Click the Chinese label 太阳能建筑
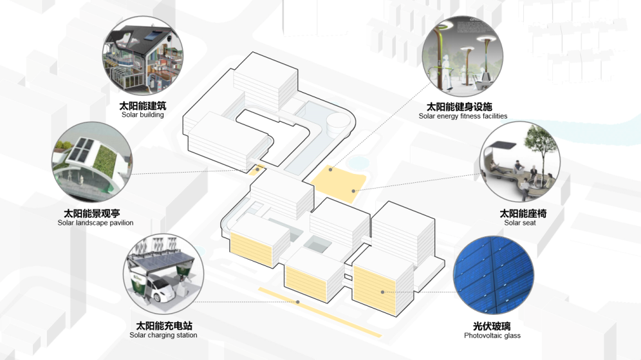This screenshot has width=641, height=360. point(142,106)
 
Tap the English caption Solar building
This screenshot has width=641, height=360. point(142,115)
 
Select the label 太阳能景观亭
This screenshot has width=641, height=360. point(91,213)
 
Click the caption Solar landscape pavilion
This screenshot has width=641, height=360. point(95,223)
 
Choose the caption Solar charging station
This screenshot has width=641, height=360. point(163,336)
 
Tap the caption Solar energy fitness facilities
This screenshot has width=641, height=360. point(463,117)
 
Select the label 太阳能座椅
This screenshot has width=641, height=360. point(523,213)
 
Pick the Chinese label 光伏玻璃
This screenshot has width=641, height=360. point(492,327)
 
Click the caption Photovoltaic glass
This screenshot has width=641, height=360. point(492,336)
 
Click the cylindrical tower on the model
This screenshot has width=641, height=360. point(337,123)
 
